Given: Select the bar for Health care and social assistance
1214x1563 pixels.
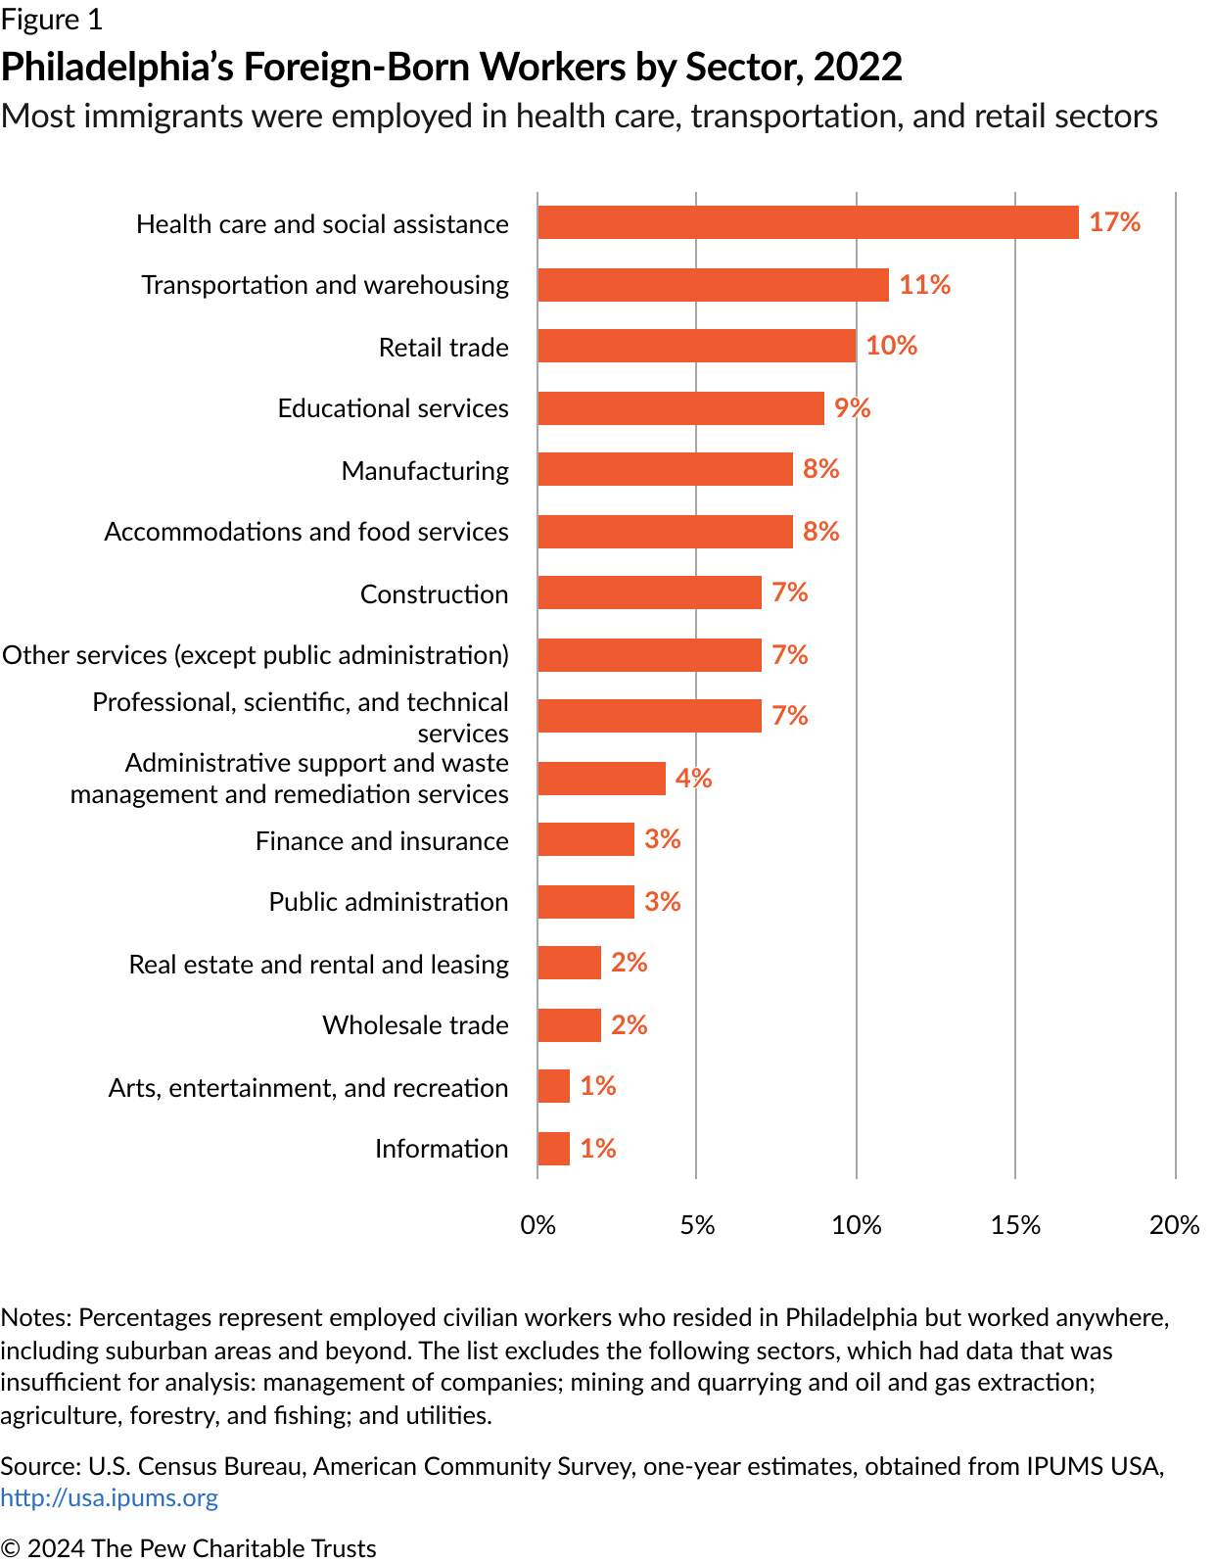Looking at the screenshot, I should pyautogui.click(x=808, y=222).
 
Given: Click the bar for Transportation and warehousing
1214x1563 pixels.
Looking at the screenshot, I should pyautogui.click(x=713, y=285).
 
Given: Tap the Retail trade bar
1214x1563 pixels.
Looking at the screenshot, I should pyautogui.click(x=696, y=346).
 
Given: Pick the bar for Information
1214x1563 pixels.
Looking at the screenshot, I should pyautogui.click(x=553, y=1149).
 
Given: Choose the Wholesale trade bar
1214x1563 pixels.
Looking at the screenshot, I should pyautogui.click(x=569, y=1025).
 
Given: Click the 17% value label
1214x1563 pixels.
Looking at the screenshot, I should pyautogui.click(x=1114, y=222).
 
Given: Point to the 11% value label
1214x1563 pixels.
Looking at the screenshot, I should pyautogui.click(x=924, y=285).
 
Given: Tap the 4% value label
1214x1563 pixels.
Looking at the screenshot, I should pyautogui.click(x=693, y=779).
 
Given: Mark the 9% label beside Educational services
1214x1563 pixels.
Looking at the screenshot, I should pyautogui.click(x=852, y=408).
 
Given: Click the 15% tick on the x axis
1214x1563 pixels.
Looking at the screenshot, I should pyautogui.click(x=1015, y=1225).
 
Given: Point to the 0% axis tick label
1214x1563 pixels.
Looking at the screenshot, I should pyautogui.click(x=537, y=1225).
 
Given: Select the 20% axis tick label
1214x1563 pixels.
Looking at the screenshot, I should pyautogui.click(x=1174, y=1225).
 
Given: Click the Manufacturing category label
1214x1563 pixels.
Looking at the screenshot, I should pyautogui.click(x=425, y=471).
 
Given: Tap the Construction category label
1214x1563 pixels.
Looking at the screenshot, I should pyautogui.click(x=434, y=594).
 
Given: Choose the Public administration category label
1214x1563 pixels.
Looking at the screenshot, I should pyautogui.click(x=389, y=902).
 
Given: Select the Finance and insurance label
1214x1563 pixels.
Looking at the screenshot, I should pyautogui.click(x=382, y=841).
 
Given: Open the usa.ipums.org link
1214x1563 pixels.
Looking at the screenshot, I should pyautogui.click(x=109, y=1497).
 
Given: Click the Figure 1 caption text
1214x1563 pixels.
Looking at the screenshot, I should pyautogui.click(x=51, y=20).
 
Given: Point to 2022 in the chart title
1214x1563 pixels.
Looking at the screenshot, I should pyautogui.click(x=857, y=67).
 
